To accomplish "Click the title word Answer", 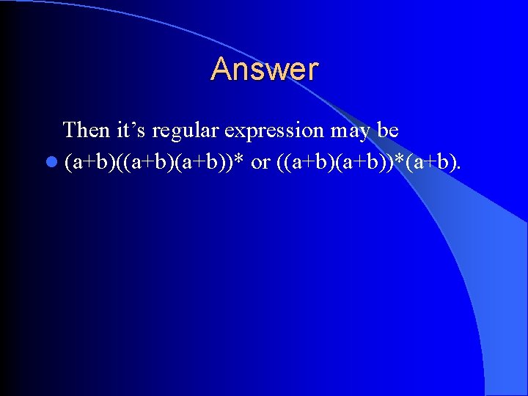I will point(265,70).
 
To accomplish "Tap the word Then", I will point(87,131).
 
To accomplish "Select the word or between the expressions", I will point(260,162).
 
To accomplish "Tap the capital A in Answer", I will point(221,70).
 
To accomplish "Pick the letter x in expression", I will point(243,132).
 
